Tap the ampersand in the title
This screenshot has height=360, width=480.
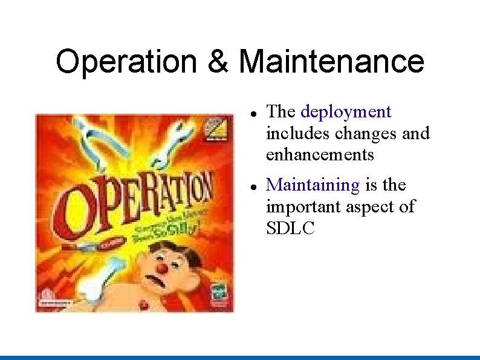tap(217, 62)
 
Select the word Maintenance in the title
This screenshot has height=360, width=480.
tap(331, 62)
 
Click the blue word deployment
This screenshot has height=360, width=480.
tap(346, 112)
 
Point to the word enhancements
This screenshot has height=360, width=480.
tap(320, 154)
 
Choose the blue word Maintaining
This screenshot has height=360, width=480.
tap(313, 185)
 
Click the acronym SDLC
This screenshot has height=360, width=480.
tap(291, 228)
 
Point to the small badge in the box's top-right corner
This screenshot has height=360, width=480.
tap(218, 129)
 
